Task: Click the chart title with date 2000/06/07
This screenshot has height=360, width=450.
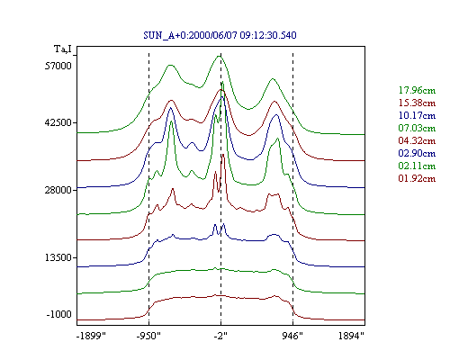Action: click(x=220, y=35)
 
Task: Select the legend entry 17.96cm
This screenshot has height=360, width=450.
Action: click(x=417, y=90)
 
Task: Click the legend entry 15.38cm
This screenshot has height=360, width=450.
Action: click(x=417, y=103)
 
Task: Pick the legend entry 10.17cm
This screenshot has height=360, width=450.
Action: click(x=417, y=115)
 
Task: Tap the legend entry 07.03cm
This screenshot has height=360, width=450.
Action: click(x=417, y=128)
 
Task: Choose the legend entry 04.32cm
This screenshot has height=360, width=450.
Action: click(x=417, y=140)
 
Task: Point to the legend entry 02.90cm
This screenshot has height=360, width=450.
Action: click(x=417, y=153)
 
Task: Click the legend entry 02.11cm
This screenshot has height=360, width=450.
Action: click(x=417, y=166)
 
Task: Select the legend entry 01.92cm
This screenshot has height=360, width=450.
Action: click(x=417, y=178)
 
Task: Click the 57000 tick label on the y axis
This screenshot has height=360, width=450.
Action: click(x=58, y=66)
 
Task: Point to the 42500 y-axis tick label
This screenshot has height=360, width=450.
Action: click(x=58, y=122)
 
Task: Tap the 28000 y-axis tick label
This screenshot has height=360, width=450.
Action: click(x=58, y=190)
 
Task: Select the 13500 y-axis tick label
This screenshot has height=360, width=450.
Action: click(x=58, y=257)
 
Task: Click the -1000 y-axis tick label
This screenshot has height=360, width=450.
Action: click(x=59, y=314)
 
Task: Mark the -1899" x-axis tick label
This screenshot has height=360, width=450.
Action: click(x=91, y=336)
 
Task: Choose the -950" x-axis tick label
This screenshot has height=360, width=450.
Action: click(x=148, y=336)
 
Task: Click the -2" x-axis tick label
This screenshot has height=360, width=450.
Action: click(x=220, y=336)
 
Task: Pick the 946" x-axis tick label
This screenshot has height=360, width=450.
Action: click(x=292, y=336)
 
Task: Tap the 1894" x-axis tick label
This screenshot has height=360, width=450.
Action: click(x=351, y=336)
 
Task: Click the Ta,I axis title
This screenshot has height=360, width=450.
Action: click(x=63, y=49)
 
